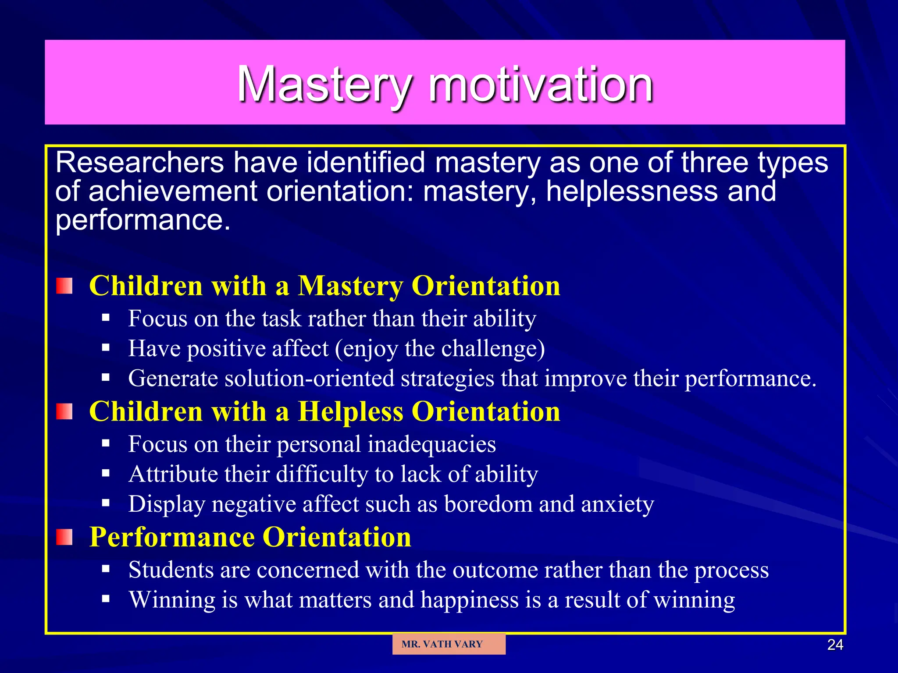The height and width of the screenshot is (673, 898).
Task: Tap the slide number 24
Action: pos(835,645)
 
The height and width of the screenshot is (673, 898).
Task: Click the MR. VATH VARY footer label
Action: pos(442,644)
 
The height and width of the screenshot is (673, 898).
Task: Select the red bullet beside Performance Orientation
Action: pos(64,537)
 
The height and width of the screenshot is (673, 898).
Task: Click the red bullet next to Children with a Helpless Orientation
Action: pos(64,411)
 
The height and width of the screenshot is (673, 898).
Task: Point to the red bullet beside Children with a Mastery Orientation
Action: pos(64,286)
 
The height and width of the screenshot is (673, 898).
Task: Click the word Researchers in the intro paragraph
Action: pos(140,163)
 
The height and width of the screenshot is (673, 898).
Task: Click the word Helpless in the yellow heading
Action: pos(350,412)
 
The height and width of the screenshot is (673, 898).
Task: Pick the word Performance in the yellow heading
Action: pos(171,537)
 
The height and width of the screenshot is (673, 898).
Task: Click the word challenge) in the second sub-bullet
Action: pos(493,349)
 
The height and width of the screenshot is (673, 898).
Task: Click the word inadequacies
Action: pos(431,444)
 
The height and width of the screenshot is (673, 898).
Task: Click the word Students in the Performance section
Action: pos(171,570)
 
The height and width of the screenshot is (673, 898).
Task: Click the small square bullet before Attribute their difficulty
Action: pos(106,473)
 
